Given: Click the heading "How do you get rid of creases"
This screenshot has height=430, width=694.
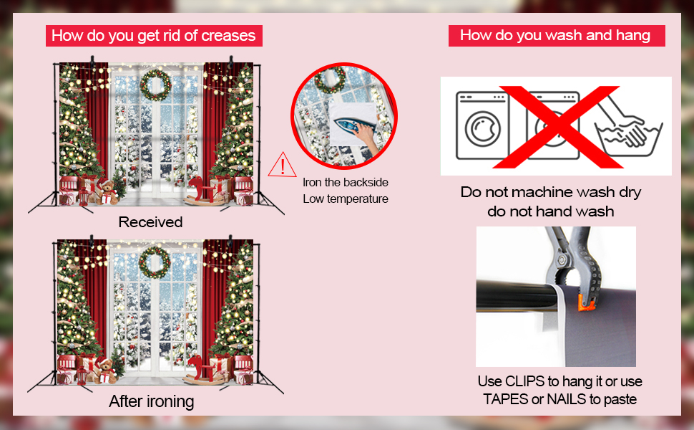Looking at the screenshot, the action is click(x=153, y=35).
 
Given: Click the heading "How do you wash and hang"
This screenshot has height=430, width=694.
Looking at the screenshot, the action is click(x=555, y=35).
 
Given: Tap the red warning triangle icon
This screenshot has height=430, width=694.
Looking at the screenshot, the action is click(x=283, y=166).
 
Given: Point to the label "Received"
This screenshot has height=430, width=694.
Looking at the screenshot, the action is click(x=150, y=222).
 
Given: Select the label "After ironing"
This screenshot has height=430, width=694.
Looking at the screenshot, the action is click(x=151, y=401).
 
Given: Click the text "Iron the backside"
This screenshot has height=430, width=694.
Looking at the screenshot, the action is click(x=346, y=183).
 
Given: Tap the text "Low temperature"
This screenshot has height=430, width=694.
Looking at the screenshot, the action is click(x=346, y=199).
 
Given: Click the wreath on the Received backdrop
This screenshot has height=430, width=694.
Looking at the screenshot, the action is click(x=155, y=85).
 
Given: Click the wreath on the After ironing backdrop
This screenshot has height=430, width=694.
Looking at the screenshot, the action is click(x=155, y=262).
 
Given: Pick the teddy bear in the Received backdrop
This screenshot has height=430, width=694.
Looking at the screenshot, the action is click(x=107, y=191).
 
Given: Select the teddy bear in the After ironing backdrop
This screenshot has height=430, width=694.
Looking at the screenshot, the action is click(x=104, y=368).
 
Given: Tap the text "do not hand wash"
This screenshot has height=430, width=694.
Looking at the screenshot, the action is click(x=551, y=211).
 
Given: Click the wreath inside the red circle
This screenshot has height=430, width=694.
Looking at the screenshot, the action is click(x=330, y=80).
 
